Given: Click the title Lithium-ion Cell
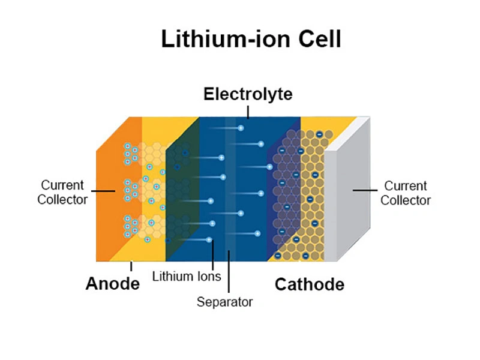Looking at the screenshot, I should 251,40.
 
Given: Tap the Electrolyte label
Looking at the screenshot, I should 248,94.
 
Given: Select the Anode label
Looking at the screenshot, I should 113,283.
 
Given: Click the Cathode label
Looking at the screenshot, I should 309,284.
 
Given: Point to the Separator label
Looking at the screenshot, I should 225,301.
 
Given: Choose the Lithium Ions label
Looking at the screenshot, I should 187,277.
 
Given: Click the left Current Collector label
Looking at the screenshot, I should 62,192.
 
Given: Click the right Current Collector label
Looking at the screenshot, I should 406,193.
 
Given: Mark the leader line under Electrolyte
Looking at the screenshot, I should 248,111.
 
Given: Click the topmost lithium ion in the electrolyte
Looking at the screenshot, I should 241,128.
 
